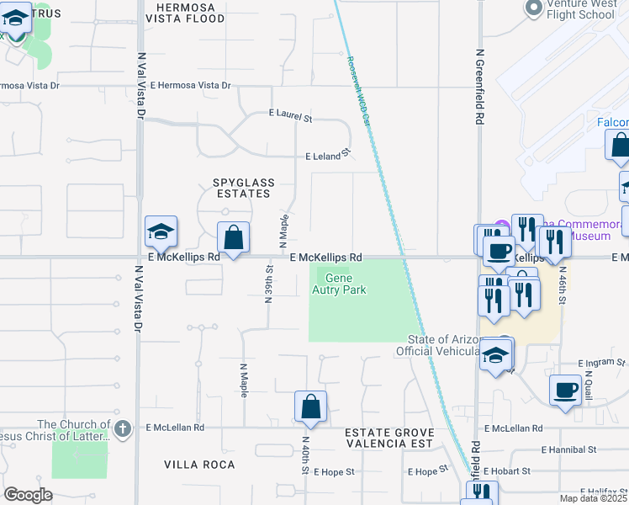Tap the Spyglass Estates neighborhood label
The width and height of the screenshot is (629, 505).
[241, 188]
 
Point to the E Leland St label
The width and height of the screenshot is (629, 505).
[327, 156]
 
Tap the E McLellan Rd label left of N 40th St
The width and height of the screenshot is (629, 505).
[175, 428]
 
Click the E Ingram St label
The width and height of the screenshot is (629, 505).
[602, 363]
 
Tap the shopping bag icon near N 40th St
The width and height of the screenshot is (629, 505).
[311, 406]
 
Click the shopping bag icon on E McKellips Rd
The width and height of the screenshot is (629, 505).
[234, 237]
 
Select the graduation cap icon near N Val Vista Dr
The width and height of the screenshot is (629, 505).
[161, 231]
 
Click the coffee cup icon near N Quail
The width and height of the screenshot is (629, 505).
[564, 390]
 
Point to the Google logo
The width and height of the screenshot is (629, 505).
[28, 495]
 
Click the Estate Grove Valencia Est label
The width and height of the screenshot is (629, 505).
[388, 439]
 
